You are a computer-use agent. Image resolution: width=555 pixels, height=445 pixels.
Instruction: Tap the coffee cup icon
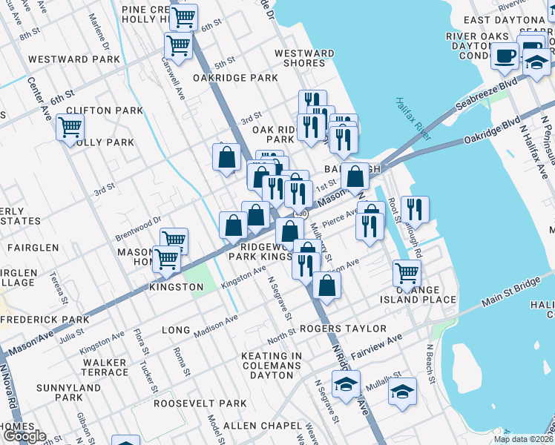click(x=505, y=56)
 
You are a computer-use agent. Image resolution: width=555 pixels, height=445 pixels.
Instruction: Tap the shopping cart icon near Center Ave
click(x=70, y=128)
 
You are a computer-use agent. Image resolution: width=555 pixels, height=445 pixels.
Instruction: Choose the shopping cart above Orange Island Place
click(x=407, y=273)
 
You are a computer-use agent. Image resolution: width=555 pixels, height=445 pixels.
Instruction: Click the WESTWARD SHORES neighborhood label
click(x=304, y=58)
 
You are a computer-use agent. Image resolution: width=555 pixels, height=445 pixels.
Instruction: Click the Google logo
click(x=24, y=436)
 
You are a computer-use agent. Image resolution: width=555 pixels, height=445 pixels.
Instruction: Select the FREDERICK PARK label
click(x=46, y=319)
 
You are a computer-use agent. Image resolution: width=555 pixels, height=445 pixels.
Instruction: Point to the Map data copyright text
click(x=523, y=439)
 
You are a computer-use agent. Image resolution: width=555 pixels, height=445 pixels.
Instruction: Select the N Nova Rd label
click(x=10, y=386)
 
